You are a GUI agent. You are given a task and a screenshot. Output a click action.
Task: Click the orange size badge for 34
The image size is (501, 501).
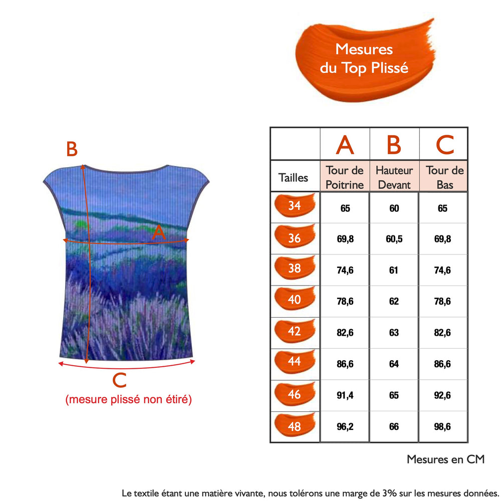[x=295, y=206]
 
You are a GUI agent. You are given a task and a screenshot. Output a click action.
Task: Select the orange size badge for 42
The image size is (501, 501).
[x=295, y=331]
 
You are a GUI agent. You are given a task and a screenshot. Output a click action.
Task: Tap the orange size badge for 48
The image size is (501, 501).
[x=295, y=426]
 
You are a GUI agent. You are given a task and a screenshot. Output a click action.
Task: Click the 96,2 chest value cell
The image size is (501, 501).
[x=345, y=427]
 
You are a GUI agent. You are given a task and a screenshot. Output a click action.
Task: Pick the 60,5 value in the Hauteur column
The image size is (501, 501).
[x=394, y=239]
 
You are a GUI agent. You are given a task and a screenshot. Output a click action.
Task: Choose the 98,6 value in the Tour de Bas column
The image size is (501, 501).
[x=442, y=427]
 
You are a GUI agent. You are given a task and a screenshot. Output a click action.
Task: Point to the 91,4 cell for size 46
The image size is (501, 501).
[x=345, y=395]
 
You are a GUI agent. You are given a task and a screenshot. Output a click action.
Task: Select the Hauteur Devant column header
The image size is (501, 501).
[x=394, y=177]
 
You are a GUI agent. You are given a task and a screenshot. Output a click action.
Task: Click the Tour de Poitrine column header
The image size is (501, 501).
[x=345, y=177]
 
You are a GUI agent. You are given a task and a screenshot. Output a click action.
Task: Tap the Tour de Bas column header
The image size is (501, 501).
[x=445, y=177]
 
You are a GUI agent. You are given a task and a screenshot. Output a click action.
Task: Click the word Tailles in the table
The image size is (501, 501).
[x=294, y=177]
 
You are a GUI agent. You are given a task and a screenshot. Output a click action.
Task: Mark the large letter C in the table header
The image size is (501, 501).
[x=444, y=145]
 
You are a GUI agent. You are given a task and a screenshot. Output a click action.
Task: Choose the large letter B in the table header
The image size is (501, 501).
[x=394, y=145]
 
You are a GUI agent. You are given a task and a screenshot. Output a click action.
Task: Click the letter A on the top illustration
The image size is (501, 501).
[x=158, y=232]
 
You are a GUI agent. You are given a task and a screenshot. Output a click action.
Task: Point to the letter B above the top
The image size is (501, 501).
[x=72, y=149]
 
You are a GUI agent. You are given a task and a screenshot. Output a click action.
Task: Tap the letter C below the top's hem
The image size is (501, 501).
[x=119, y=381]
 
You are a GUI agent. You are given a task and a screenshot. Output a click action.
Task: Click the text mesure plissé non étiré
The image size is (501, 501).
[x=128, y=400]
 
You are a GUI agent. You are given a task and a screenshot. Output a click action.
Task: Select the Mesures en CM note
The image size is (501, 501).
[x=445, y=459]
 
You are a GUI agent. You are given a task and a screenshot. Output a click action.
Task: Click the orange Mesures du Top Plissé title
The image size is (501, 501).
[x=364, y=59]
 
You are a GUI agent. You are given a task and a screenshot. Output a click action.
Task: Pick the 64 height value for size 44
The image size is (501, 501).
[x=394, y=364]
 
